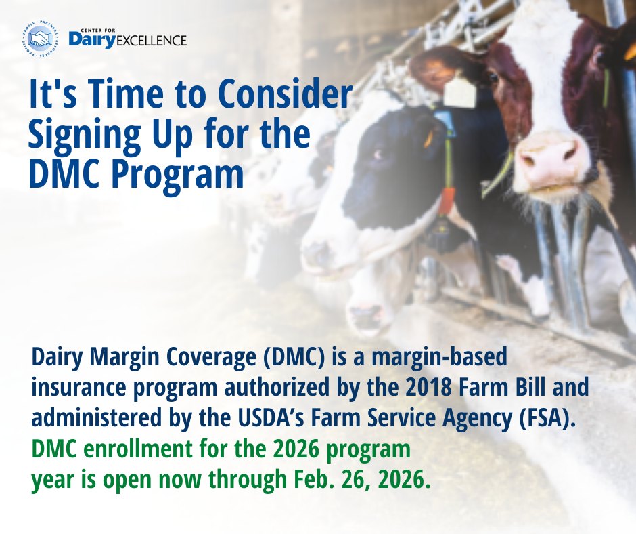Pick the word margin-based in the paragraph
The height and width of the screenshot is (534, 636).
point(437,358)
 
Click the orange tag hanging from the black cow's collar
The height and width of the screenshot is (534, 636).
point(447,201)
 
